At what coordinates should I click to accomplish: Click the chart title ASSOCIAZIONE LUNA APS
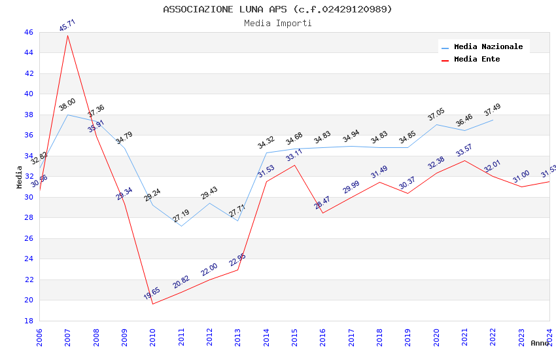tap(277, 9)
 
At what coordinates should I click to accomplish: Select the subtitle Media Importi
tap(277, 23)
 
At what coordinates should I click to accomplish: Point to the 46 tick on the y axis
tap(28, 32)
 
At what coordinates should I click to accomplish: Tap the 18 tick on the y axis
tap(28, 321)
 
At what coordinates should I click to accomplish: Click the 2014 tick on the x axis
tap(266, 336)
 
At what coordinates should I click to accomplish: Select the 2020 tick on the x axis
tap(436, 336)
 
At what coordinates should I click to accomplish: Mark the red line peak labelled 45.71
tap(68, 35)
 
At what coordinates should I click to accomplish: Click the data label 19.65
tap(152, 293)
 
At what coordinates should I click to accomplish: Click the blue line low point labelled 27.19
tap(181, 226)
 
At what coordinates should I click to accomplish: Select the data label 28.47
tap(322, 203)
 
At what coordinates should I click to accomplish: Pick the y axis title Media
tap(20, 177)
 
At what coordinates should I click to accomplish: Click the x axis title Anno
tap(540, 343)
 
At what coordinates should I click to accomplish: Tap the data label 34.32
tap(266, 143)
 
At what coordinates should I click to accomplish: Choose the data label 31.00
tap(521, 177)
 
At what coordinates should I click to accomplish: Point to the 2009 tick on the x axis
tap(124, 336)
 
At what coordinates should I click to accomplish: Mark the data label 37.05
tap(436, 115)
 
